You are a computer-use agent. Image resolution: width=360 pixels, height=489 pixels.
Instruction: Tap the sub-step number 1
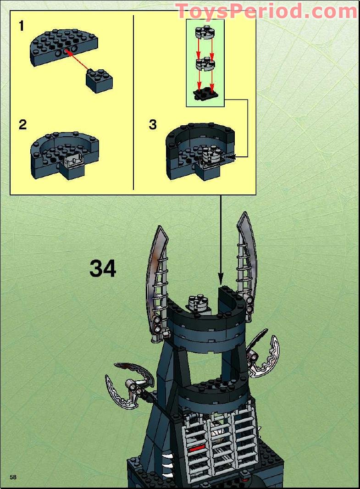pyautogui.click(x=21, y=26)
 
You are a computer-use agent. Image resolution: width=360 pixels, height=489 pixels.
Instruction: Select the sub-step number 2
pyautogui.click(x=22, y=124)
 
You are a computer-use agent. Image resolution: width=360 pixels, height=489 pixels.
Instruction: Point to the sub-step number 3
pyautogui.click(x=153, y=124)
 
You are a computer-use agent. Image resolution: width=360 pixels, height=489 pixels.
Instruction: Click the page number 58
pyautogui.click(x=13, y=477)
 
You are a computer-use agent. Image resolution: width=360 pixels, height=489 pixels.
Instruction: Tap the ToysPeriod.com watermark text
pyautogui.click(x=266, y=11)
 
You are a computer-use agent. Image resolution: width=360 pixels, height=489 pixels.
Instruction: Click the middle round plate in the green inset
pyautogui.click(x=205, y=63)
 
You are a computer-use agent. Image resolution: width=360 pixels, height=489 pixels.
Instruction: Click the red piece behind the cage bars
pyautogui.click(x=197, y=448)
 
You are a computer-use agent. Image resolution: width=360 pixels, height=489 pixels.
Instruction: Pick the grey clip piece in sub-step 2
pyautogui.click(x=73, y=161)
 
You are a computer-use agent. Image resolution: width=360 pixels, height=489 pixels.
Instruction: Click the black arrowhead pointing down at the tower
pyautogui.click(x=221, y=278)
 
